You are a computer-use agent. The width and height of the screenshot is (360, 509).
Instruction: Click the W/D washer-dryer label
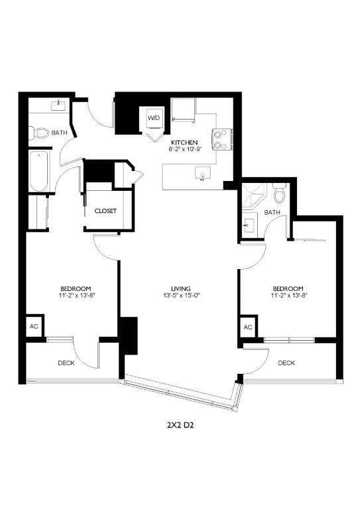click(154, 118)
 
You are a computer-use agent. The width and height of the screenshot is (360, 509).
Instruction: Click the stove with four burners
click(221, 137)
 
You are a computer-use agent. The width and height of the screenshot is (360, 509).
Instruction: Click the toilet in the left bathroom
click(42, 133)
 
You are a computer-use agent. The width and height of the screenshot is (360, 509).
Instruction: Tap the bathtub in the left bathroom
click(38, 172)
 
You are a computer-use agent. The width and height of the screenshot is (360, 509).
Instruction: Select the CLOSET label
click(105, 211)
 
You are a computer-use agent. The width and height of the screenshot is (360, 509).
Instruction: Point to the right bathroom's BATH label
click(272, 212)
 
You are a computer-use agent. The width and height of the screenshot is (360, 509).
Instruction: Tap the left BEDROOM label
click(75, 288)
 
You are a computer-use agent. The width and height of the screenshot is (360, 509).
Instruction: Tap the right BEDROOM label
click(288, 288)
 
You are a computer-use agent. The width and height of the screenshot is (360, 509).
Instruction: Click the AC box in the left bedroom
click(34, 327)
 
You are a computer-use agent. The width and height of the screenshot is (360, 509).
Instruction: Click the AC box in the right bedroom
click(248, 327)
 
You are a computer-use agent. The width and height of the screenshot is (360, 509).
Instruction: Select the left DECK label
click(66, 363)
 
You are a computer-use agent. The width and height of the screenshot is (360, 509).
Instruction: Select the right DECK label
click(286, 363)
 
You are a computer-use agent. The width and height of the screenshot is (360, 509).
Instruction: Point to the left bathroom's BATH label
click(60, 133)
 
